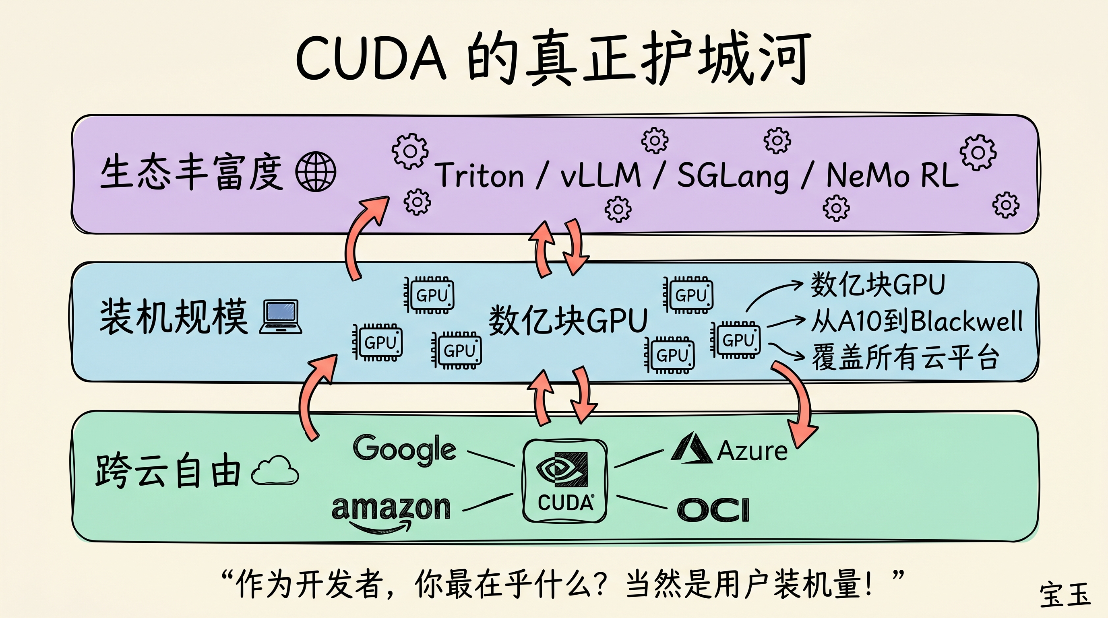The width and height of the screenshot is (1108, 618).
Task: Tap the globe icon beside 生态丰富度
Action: click(316, 171)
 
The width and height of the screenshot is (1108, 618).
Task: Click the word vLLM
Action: click(600, 175)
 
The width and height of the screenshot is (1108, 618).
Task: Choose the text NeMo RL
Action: click(893, 175)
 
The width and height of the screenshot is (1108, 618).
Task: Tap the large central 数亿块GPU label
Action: click(568, 321)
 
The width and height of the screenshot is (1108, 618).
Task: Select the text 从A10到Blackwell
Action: click(916, 321)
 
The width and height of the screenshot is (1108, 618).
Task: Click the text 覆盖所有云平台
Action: click(905, 358)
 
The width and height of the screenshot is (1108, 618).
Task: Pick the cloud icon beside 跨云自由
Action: click(275, 471)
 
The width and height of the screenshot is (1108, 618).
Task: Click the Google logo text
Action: click(404, 449)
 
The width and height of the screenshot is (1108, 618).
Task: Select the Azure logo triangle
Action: click(691, 449)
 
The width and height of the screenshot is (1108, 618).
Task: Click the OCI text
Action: click(713, 510)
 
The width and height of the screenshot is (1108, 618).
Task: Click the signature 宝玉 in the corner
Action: click(1065, 595)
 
